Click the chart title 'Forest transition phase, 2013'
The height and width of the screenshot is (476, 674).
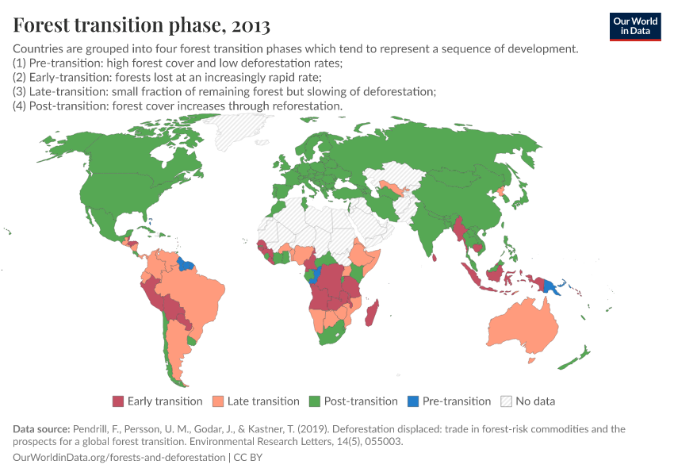[141, 25]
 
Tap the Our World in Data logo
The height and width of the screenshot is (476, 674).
[634, 26]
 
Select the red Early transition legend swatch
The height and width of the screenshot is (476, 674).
[118, 401]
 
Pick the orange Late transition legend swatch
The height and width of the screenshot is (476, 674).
[218, 401]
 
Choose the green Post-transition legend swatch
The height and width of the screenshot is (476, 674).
[315, 401]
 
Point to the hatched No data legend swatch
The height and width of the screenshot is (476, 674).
[506, 401]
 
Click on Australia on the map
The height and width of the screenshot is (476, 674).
[523, 329]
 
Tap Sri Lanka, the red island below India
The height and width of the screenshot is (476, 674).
[435, 256]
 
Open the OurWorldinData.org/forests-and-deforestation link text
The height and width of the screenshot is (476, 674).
[119, 458]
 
